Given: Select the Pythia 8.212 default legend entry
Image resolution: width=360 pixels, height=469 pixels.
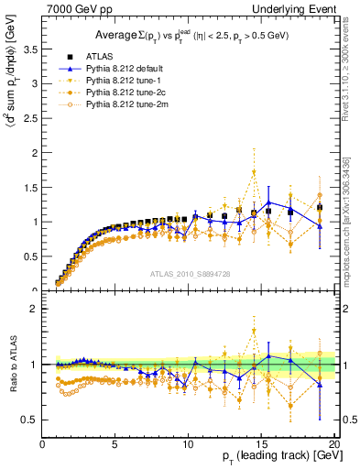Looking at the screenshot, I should click(115, 68).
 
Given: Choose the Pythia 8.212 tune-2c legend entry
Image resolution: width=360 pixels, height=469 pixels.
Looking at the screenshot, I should click(115, 93).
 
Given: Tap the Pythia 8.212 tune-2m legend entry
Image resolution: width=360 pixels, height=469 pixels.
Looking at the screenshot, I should click(115, 105).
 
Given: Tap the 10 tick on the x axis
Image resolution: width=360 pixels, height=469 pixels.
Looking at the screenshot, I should click(188, 445).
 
